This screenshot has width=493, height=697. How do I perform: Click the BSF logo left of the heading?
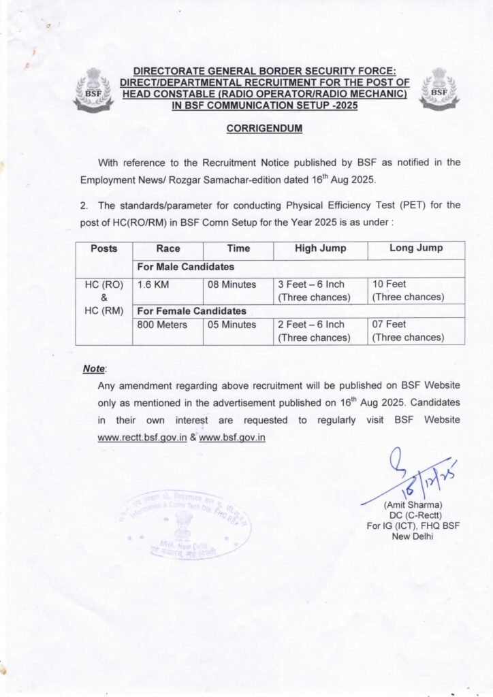coord(93,90)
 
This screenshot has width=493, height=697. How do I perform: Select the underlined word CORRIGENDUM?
coord(265,128)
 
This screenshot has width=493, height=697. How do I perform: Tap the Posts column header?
coord(104,249)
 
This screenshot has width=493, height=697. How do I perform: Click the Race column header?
coord(168,249)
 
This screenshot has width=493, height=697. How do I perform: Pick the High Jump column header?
coord(320,249)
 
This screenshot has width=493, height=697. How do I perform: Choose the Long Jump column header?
coord(416,249)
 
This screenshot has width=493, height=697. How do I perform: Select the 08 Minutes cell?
coord(232,284)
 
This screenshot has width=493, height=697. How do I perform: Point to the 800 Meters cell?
coord(163,325)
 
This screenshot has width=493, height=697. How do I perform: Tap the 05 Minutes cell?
coord(232,325)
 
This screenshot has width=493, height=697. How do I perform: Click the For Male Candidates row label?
coord(186,267)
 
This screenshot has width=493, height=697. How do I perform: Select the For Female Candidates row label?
coord(192,311)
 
